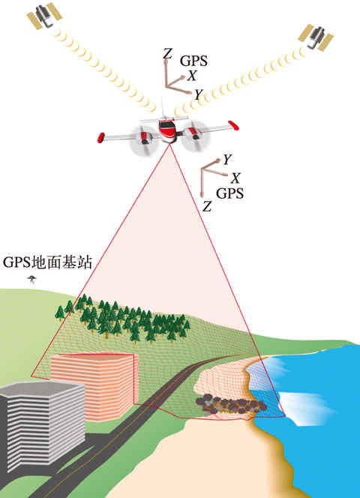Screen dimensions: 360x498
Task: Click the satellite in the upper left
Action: tap(43, 15)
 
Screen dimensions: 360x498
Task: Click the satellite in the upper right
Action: tap(316, 37)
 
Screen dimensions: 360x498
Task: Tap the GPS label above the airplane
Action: tap(193, 61)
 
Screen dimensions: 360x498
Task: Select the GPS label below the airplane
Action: tap(229, 193)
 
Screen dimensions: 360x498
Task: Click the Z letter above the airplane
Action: tap(167, 54)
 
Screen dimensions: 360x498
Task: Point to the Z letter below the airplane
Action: tap(207, 206)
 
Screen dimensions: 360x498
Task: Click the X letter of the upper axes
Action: tap(191, 76)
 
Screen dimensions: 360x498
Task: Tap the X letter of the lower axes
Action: tap(235, 178)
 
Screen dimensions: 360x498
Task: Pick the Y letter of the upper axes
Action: tap(199, 94)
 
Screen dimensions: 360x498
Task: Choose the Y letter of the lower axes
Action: tap(226, 160)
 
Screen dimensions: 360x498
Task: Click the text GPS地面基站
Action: tap(47, 262)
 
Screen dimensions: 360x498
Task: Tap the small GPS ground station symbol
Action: tap(31, 280)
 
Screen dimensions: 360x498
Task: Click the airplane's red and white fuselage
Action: tap(167, 130)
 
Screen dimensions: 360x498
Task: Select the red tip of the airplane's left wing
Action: tap(101, 137)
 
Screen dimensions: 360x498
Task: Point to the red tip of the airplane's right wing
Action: tap(233, 125)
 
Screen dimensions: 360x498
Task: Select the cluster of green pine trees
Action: tap(122, 320)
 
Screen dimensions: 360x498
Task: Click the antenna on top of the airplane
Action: tap(163, 107)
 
